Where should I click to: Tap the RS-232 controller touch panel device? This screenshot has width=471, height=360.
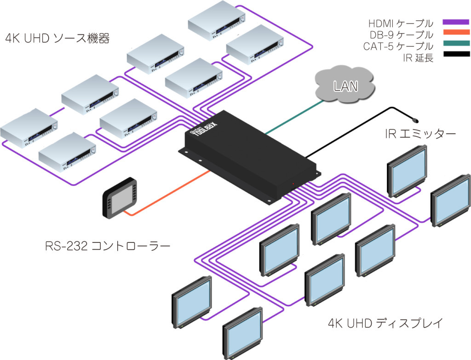[120, 197]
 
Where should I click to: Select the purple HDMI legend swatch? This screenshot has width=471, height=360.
[456, 22]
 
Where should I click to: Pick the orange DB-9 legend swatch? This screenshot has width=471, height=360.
[456, 32]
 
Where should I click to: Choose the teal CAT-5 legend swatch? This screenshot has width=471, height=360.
[456, 43]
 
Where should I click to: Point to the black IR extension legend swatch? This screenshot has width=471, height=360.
[456, 54]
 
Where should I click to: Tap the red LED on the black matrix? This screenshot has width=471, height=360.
[293, 183]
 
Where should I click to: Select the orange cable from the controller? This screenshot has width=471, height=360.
[167, 194]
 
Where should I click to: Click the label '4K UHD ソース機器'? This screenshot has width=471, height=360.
[57, 39]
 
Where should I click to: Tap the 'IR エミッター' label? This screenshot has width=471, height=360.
[420, 134]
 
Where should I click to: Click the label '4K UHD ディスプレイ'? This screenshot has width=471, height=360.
[385, 323]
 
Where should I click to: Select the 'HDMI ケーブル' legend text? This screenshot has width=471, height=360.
[401, 23]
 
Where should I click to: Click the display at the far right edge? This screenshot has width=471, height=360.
[451, 200]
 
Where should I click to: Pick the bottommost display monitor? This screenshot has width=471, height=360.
[243, 333]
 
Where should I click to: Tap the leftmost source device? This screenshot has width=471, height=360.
[29, 128]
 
